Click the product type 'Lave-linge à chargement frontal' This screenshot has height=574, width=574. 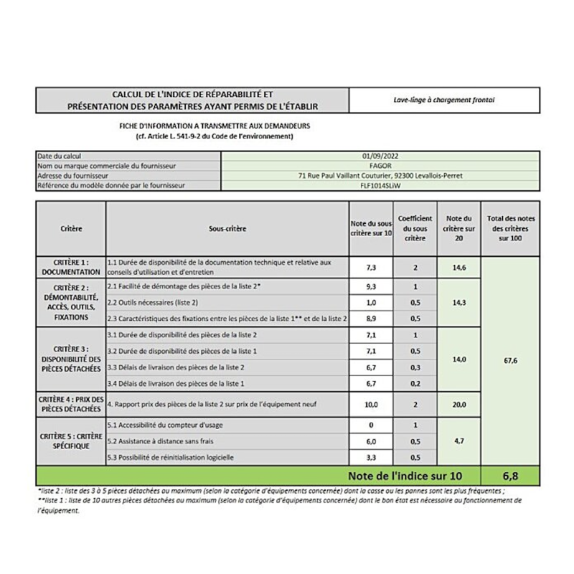443,100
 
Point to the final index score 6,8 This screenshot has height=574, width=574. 512,475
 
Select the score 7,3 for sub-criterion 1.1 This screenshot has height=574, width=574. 370,267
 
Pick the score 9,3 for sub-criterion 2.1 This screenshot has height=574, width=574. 370,286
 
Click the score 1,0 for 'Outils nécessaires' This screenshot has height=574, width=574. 370,302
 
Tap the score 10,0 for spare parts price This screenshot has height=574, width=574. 370,404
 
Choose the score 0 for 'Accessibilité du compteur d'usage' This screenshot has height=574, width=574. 370,425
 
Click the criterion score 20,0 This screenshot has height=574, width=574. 459,404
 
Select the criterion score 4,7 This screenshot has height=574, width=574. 459,441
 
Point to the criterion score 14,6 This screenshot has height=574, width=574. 459,267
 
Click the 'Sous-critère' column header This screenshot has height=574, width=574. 227,229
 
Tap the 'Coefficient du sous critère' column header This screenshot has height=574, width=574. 415,227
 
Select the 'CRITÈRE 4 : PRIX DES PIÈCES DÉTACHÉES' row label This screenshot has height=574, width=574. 72,404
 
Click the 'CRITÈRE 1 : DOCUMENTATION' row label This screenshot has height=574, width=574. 72,267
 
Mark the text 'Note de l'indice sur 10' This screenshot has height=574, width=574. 405,475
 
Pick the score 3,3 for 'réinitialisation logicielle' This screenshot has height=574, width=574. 370,457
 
